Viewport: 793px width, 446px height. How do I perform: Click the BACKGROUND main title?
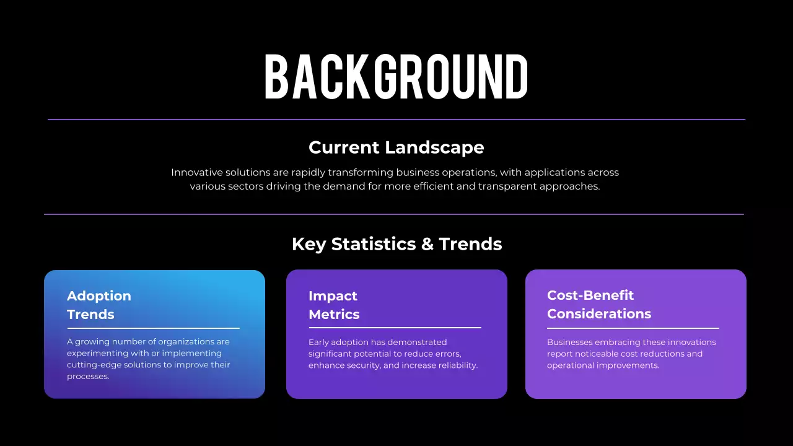point(396,77)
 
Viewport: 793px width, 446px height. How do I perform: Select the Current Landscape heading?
point(396,147)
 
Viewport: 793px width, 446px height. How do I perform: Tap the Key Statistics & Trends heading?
point(396,244)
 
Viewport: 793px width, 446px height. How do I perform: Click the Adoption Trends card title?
point(99,305)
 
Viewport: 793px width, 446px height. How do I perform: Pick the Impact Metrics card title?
point(334,305)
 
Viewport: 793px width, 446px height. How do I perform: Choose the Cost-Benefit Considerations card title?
point(598,305)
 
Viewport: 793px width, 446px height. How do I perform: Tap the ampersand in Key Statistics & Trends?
point(427,244)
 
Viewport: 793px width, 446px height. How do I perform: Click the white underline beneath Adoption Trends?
point(153,328)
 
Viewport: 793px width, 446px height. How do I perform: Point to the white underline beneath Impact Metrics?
point(395,328)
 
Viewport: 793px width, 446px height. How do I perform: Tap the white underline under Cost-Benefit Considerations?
point(633,328)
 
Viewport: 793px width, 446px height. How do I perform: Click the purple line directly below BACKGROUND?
point(396,120)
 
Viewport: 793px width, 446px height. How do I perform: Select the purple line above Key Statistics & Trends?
point(394,214)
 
